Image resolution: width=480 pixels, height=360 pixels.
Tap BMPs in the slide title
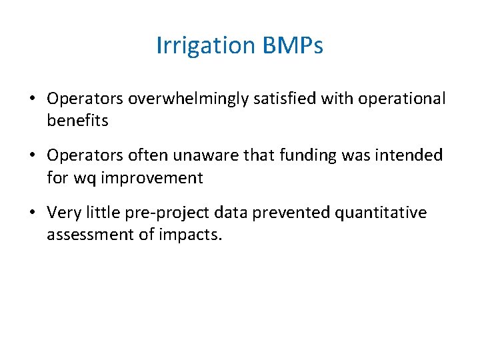[293, 46]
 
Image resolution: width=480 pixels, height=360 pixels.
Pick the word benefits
[77, 121]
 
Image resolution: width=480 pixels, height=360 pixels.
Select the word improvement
[151, 178]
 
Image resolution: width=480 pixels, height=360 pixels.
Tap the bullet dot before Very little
[32, 213]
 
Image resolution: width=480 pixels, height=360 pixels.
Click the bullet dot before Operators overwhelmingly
[32, 99]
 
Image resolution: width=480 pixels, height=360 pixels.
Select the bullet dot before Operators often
[32, 156]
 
